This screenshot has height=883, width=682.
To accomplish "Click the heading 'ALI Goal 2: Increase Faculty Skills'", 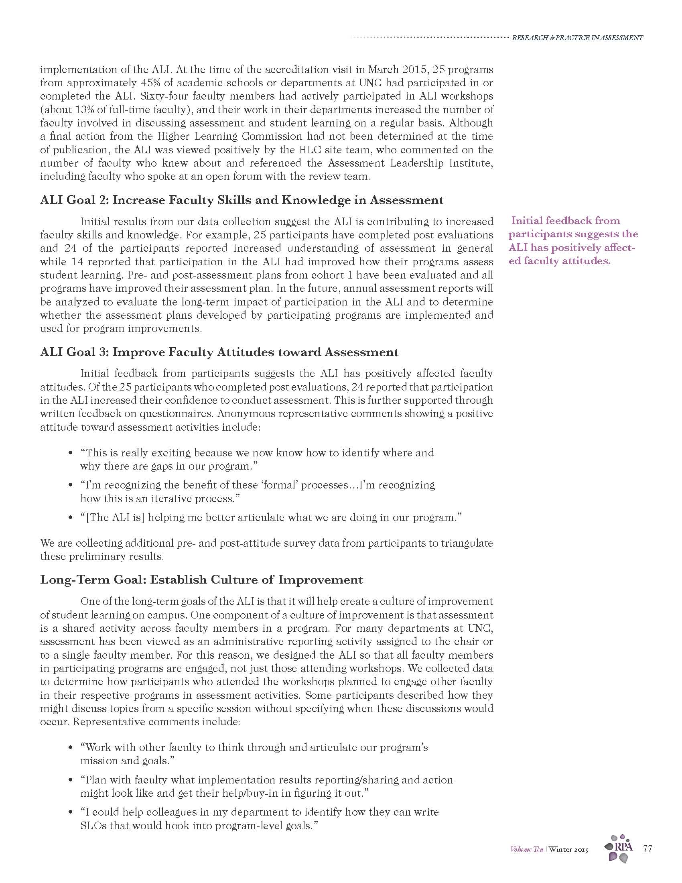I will [242, 200].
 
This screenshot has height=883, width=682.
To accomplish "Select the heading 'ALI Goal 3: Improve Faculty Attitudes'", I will [219, 352].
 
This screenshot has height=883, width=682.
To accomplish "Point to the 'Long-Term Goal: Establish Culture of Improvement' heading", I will [201, 580].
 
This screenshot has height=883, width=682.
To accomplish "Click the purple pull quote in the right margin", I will [573, 240].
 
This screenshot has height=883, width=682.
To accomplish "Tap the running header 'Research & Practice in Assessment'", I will [577, 38].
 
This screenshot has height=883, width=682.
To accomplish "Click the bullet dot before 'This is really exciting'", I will [71, 453].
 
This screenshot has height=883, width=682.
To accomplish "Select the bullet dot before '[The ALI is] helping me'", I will [71, 517].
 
